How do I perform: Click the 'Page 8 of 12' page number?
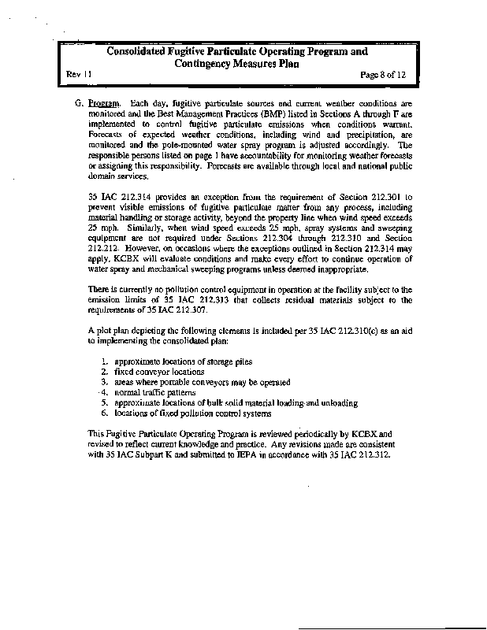(381, 73)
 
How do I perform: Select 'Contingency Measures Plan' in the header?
(236, 65)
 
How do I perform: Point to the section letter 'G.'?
(79, 103)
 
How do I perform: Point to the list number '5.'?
(105, 402)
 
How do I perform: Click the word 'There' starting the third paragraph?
(99, 289)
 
